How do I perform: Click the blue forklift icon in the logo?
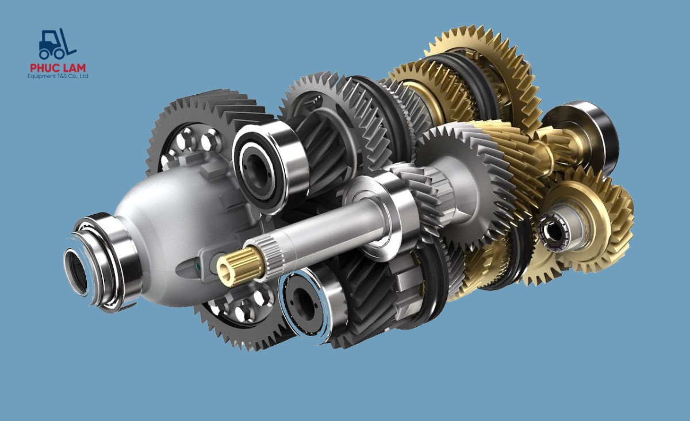click(57, 44)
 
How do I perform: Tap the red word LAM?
click(74, 68)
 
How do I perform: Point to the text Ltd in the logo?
click(84, 76)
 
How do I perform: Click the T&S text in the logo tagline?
click(58, 76)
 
